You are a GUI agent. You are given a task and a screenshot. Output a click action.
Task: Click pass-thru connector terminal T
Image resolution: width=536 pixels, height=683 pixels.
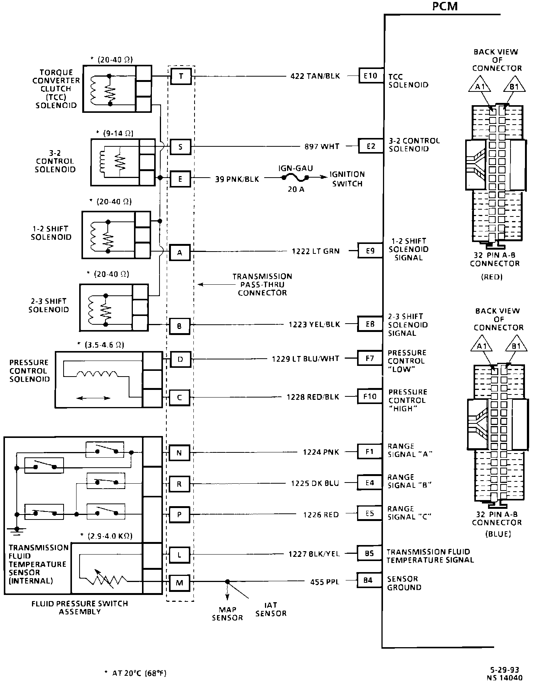coord(180,77)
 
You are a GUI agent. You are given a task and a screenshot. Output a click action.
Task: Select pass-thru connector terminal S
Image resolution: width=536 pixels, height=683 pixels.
coord(180,147)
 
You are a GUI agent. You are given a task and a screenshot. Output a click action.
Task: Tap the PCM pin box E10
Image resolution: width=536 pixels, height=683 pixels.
coord(370,76)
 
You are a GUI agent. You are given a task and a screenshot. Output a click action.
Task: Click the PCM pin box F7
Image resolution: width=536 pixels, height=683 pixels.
coord(369,358)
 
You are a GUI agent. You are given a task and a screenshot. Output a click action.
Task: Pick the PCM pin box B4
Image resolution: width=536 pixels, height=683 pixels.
coord(368,581)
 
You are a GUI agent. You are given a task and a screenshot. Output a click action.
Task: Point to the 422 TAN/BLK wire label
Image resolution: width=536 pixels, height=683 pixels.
coord(315,76)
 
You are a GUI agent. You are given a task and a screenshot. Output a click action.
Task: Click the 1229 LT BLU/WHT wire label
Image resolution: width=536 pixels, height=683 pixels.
coord(305,359)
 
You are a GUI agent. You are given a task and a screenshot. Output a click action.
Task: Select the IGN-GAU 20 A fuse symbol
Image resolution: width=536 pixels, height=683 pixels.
coord(295,178)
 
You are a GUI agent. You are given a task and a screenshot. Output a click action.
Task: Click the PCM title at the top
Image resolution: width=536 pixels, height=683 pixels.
coord(445,6)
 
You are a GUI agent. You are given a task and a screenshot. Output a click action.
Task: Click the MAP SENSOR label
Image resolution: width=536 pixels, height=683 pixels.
coord(227,614)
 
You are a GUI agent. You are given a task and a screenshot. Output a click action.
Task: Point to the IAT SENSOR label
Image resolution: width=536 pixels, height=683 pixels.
coord(271,609)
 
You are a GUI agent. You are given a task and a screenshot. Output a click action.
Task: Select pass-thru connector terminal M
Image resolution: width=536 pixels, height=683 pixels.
coord(180,582)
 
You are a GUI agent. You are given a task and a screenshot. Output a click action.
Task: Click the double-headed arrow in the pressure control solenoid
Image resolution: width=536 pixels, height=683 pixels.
coord(93,398)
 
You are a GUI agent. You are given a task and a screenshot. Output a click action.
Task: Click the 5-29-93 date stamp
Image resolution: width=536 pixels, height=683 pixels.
coord(505,670)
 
